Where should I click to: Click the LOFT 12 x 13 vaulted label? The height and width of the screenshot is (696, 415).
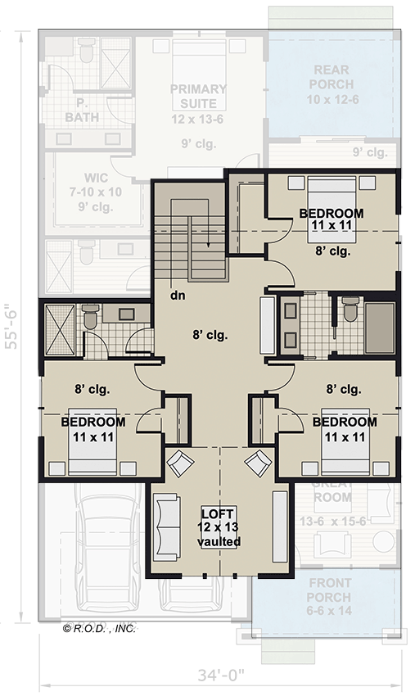(219, 527)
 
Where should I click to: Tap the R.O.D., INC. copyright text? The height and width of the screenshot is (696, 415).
(99, 629)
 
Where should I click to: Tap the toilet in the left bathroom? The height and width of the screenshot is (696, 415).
(90, 317)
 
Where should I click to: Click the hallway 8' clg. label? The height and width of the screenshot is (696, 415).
(210, 334)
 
